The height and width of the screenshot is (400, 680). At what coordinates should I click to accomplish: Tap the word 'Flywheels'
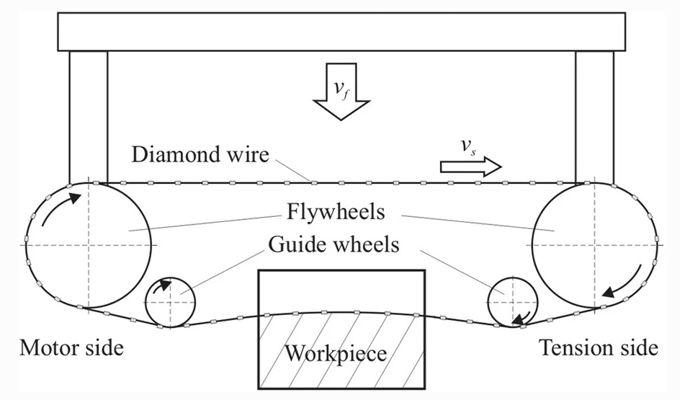340,214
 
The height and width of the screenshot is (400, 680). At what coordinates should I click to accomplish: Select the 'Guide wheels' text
334,245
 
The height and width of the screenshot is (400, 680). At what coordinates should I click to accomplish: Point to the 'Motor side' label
71,348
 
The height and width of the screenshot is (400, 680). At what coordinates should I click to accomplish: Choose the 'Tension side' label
599,348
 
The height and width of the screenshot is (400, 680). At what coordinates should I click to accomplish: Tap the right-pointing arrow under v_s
470,167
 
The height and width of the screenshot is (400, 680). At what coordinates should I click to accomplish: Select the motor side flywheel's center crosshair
88,246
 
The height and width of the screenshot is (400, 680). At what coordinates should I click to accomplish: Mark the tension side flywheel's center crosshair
594,246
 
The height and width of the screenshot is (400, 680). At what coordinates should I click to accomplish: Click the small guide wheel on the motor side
171,303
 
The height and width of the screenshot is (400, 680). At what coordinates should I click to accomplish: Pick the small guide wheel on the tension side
512,302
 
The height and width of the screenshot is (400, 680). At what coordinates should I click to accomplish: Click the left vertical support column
88,115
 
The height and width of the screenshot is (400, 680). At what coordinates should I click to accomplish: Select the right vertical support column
595,115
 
